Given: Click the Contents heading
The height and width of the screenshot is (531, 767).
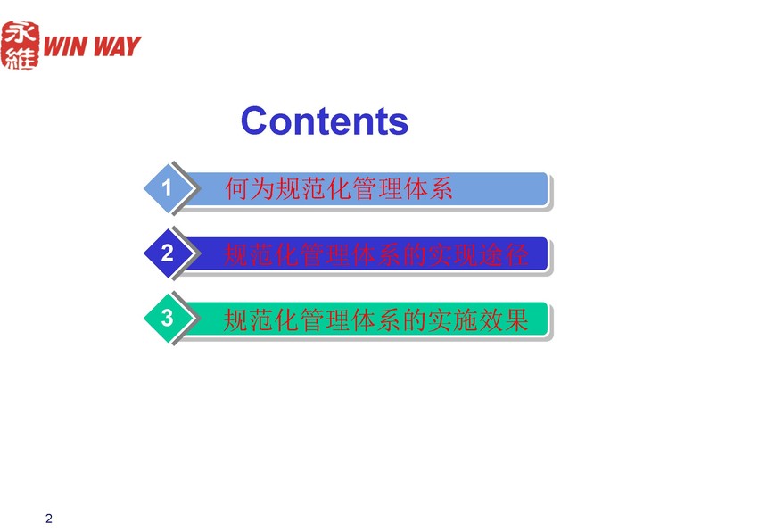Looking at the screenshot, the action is [325, 120].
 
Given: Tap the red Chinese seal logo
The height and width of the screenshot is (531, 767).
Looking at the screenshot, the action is [20, 45].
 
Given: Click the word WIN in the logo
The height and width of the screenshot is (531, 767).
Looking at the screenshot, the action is [65, 46].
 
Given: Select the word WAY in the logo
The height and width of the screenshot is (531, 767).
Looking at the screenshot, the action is [117, 46].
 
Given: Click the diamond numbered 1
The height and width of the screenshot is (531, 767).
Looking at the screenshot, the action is [169, 188].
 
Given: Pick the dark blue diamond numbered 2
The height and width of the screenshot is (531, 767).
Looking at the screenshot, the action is [169, 253].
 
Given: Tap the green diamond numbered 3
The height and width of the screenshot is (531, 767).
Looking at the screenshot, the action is [169, 318].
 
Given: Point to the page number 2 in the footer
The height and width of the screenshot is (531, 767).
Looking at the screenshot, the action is [48, 519].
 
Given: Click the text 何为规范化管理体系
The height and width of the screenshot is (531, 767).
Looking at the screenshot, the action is [339, 189].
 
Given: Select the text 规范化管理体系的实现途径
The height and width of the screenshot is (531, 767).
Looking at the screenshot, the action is [375, 254].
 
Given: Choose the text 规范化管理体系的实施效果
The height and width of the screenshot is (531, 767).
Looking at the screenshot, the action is [375, 320].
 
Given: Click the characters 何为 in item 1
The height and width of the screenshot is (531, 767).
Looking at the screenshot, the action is [250, 189].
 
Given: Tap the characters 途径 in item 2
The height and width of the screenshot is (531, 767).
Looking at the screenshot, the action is [503, 254].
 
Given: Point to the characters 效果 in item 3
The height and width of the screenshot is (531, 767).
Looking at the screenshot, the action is [503, 320].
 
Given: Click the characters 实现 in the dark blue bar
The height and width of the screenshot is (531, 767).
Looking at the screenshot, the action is [452, 254].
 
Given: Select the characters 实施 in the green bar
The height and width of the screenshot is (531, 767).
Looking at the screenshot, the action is [452, 320].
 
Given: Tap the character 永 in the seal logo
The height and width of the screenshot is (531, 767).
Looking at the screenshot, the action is [20, 33].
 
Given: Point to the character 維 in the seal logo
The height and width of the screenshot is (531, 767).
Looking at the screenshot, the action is [20, 57].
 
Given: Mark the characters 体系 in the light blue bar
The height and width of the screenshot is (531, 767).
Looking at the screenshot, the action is [428, 189].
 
